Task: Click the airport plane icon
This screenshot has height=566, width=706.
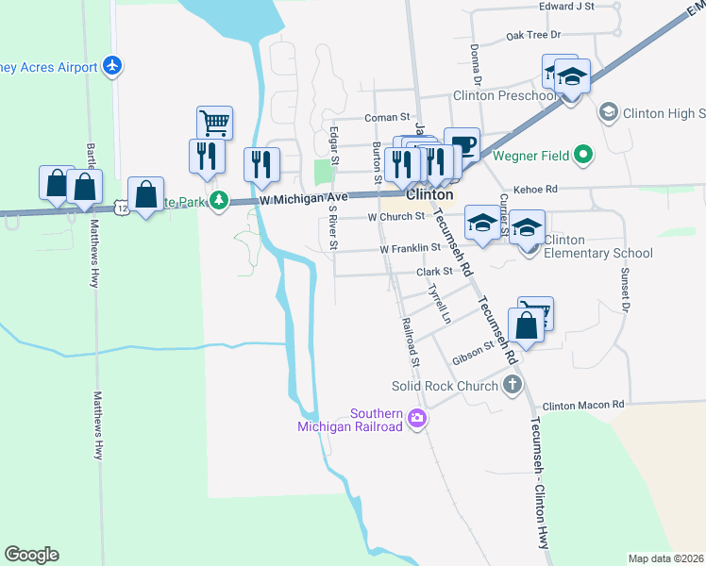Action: coord(113,66)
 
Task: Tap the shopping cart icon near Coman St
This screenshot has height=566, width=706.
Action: coord(214,122)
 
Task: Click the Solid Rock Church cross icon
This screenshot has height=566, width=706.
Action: coord(512,384)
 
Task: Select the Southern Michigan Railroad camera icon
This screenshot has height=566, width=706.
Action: coord(417,419)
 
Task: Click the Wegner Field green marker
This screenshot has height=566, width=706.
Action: coord(582,153)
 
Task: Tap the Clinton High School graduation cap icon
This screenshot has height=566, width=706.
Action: coord(609,112)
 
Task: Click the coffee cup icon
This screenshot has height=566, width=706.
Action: coord(462,144)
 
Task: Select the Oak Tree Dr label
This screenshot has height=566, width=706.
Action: coord(533,35)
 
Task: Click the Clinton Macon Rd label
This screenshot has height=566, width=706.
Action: coord(583,404)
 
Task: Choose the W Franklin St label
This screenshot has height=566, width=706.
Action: coord(411,248)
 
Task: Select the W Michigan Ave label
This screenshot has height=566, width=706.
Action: coord(304,197)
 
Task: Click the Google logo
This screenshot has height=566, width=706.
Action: coord(31,555)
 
